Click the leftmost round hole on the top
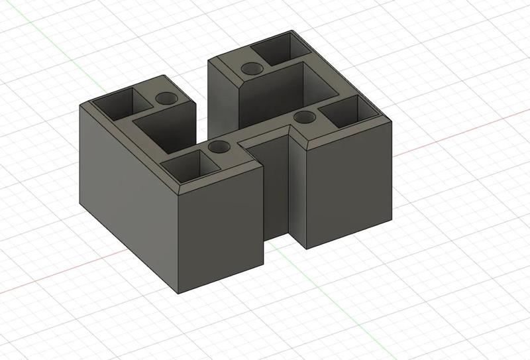(166, 99)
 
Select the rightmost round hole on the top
(305, 117)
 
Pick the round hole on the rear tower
(251, 68)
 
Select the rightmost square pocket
(344, 113)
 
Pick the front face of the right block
(348, 186)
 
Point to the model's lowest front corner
(179, 292)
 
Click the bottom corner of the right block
(307, 249)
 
